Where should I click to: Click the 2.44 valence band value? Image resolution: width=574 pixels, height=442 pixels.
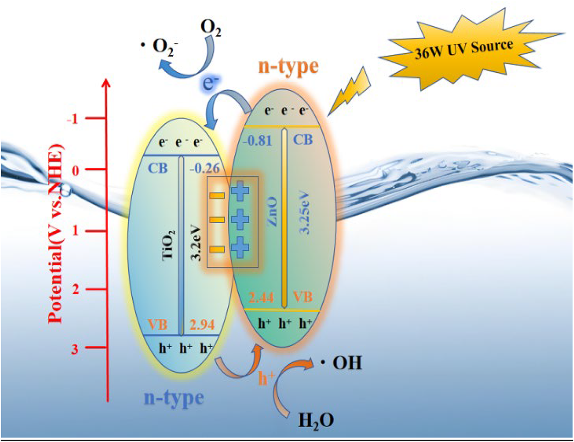261,298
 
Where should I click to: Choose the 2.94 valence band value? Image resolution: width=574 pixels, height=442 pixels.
202,325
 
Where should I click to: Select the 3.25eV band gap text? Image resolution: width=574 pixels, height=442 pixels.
305,212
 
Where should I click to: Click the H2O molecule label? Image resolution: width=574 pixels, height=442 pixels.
316,420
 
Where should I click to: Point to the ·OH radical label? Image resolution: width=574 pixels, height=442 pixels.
342,363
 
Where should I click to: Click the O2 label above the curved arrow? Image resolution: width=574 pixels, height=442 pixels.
211,29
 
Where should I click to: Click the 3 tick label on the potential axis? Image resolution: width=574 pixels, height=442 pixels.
75,349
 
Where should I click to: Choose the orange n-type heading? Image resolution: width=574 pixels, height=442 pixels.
288,67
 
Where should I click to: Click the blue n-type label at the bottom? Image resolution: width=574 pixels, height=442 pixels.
174,397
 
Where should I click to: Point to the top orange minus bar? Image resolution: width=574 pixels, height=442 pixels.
217,195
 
